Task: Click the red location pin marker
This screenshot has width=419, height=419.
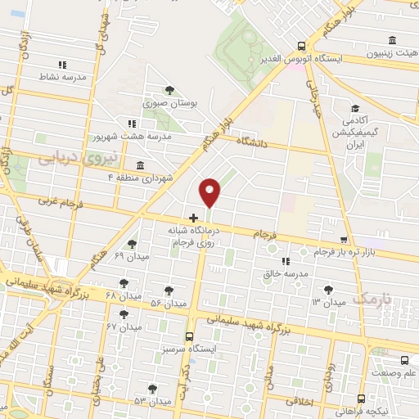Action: [210, 192]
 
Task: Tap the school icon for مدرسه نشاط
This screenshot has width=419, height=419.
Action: [61, 65]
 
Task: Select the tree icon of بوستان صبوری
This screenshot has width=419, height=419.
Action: [169, 90]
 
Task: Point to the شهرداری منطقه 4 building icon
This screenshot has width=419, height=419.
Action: [141, 165]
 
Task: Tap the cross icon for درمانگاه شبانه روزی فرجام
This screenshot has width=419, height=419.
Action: [193, 218]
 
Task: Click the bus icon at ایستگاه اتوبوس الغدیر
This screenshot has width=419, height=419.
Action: [302, 47]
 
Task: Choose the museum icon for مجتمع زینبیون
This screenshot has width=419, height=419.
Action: [393, 41]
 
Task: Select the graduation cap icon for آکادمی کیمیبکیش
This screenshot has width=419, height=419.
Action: [355, 108]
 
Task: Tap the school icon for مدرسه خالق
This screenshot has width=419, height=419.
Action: [285, 260]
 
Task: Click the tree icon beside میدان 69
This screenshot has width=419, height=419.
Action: [132, 244]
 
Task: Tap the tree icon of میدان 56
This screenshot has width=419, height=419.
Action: [169, 291]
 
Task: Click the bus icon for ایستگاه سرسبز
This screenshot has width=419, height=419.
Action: [190, 336]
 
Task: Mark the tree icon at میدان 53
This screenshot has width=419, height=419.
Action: [152, 388]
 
